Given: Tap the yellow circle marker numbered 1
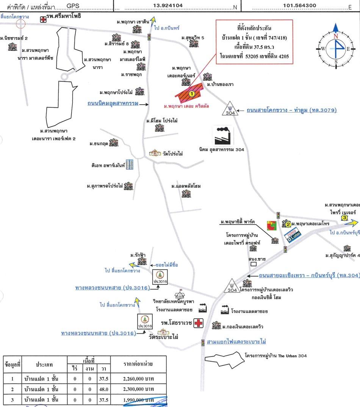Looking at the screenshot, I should point(192,93).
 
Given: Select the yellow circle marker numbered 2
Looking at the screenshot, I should point(288,225).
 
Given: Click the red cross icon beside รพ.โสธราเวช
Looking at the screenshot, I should point(198,323).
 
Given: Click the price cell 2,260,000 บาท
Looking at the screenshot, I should point(138,378).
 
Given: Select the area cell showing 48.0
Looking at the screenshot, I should point(103,389).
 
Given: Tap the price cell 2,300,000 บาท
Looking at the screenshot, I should point(138,389).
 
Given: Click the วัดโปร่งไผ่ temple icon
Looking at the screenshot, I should point(155,153).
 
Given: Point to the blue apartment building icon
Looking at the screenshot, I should point(131,164).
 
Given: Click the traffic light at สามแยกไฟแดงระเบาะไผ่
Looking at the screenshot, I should point(203,342).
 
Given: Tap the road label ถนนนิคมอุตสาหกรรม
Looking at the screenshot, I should point(113,103).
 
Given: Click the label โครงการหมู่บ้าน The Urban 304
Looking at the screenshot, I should point(275,356).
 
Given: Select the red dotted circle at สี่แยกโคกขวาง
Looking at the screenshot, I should point(20,24).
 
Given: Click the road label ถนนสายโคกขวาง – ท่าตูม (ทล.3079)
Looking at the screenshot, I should point(291,110).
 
